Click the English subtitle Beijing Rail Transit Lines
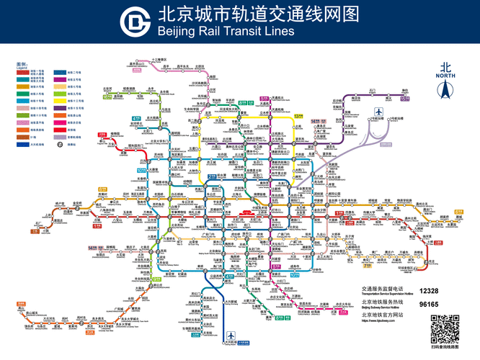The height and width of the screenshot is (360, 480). tap(226, 32)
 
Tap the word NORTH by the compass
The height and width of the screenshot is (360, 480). tap(446, 76)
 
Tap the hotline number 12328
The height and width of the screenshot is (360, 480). tap(429, 290)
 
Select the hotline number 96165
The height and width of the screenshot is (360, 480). tap(429, 305)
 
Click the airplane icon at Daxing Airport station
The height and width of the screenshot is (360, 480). tap(231, 336)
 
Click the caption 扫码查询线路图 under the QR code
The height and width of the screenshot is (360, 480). tap(445, 348)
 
